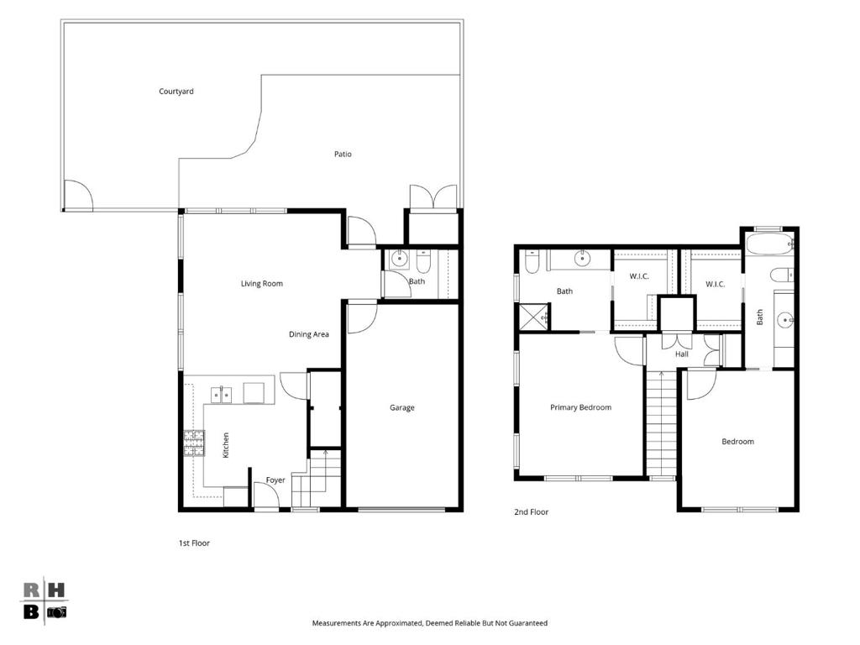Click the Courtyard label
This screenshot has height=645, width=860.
click(x=176, y=92)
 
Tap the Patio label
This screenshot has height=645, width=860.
click(x=343, y=155)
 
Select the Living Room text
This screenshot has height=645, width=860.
click(x=262, y=284)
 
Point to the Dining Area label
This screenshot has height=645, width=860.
click(x=309, y=334)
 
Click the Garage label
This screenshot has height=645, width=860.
click(x=402, y=407)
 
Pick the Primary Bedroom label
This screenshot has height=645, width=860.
click(x=580, y=407)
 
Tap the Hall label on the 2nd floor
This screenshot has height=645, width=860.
click(x=682, y=354)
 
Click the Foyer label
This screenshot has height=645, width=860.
click(x=275, y=480)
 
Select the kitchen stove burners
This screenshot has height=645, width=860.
click(x=194, y=443)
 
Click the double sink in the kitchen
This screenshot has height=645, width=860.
click(x=222, y=395)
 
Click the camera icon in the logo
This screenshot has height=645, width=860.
click(x=56, y=612)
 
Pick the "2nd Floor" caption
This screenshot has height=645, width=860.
click(x=531, y=511)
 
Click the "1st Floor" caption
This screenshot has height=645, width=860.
click(x=194, y=543)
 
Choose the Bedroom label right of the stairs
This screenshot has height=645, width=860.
click(x=737, y=442)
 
